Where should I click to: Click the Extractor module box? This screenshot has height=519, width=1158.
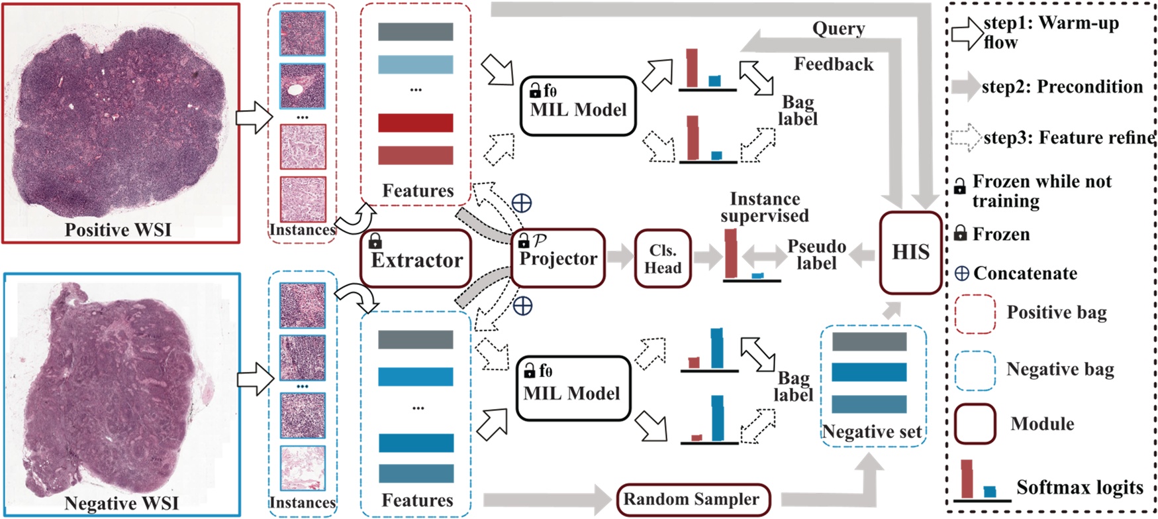416,259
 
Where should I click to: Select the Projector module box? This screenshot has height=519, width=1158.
558,259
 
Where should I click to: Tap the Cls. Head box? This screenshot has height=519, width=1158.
663,259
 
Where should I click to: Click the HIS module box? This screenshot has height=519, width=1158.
910,253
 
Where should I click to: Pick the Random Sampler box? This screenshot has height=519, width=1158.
691,499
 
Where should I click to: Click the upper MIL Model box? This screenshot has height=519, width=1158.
578,106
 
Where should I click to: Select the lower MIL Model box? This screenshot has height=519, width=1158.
572,389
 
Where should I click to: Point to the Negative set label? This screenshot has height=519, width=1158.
872,432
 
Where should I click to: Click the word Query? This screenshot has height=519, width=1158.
838,29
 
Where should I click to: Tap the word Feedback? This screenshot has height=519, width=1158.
834,64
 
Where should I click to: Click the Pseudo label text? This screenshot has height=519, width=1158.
816,255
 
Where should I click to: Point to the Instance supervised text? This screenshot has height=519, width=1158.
765,207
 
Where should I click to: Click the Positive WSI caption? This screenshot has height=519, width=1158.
118,230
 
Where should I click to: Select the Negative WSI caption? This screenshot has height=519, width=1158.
121,503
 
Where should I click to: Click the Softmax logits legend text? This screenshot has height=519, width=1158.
1080,488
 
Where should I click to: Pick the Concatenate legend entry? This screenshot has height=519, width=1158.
1025,273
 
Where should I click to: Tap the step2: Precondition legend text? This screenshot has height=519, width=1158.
1062,87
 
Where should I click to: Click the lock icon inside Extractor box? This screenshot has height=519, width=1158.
375,240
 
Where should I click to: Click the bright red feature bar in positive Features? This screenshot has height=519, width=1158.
416,123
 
